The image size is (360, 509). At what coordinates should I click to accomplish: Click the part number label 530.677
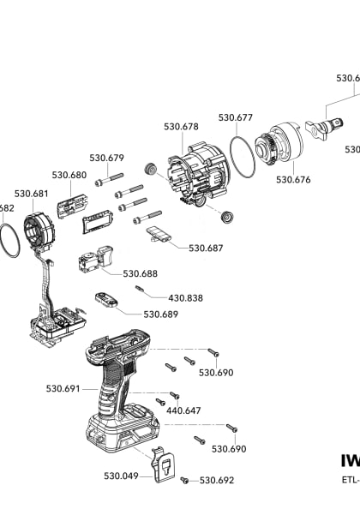pos(235,117)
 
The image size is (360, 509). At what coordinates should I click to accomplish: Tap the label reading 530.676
pos(293,180)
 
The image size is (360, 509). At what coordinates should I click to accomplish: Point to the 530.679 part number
pos(107,158)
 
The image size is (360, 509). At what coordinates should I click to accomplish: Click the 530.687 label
pos(206,248)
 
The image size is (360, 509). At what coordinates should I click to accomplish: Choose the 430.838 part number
pos(185,297)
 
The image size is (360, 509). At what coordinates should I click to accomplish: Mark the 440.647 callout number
pos(183,410)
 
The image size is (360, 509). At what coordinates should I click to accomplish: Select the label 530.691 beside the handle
pos(63,388)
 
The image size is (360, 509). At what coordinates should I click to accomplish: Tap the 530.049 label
pos(122,476)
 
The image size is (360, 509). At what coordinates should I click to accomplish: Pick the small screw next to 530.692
pos(186,482)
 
